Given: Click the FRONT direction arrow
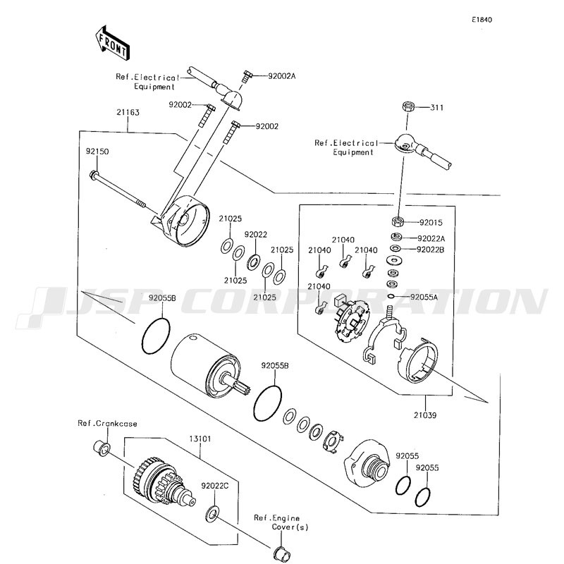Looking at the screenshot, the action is coord(112,43).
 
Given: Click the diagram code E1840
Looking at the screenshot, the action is coord(482,20).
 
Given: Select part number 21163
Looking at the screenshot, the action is coord(128,112).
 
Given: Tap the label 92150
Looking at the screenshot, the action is coord(97,152).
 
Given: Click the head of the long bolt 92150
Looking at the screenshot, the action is coord(94,175).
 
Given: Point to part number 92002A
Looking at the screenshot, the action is coord(281,76).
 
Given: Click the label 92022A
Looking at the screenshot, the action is coord(431,238).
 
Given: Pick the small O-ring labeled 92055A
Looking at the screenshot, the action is coord(391,296).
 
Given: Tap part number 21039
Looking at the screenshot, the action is coord(425,415).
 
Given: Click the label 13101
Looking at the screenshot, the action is coord(200,439).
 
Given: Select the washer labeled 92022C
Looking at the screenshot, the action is coord(212,514).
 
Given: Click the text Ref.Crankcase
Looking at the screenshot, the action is coord(108,424).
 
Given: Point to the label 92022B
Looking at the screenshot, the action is coord(430,250).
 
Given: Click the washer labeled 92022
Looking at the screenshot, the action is coord(254,262).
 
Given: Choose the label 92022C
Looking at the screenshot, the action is coord(215,486).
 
